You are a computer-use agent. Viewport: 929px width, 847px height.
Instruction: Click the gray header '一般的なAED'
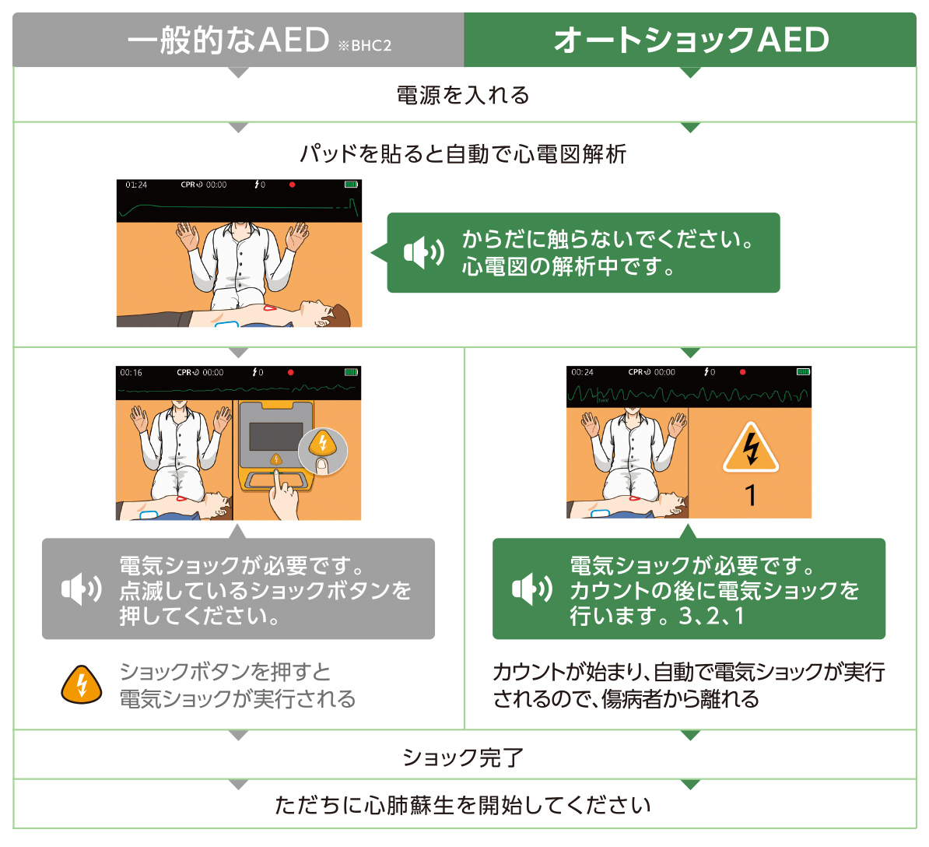(228, 40)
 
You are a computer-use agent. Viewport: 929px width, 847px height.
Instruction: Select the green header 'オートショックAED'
(691, 40)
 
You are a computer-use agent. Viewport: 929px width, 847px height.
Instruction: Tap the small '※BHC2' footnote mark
(364, 46)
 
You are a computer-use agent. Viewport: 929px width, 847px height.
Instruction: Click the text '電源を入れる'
(464, 95)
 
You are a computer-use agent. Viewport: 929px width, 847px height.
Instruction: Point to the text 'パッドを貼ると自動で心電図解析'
(464, 153)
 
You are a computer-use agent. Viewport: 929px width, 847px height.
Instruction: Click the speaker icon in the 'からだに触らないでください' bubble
(424, 252)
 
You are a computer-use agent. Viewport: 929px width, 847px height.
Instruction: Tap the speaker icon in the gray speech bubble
(81, 589)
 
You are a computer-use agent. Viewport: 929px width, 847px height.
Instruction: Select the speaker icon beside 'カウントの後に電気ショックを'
(532, 589)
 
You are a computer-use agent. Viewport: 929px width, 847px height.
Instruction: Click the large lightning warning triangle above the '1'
(750, 449)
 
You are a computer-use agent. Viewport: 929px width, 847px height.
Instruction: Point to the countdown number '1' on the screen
(750, 495)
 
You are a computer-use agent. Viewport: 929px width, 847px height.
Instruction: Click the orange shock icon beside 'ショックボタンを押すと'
(82, 684)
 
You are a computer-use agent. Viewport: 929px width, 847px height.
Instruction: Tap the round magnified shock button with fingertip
(323, 449)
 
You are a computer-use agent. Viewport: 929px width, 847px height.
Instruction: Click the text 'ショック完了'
(464, 757)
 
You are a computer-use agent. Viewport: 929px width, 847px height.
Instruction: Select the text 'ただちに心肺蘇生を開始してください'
(464, 805)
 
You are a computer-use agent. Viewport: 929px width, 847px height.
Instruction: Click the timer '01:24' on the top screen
(136, 185)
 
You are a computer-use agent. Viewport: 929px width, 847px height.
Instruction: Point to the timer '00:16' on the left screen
(131, 373)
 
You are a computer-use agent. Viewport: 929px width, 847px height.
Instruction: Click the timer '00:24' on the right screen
(582, 372)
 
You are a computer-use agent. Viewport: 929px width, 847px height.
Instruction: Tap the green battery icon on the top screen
(351, 185)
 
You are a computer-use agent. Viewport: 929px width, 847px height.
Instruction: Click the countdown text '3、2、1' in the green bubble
(712, 616)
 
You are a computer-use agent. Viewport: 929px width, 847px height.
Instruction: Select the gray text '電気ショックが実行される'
(237, 698)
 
